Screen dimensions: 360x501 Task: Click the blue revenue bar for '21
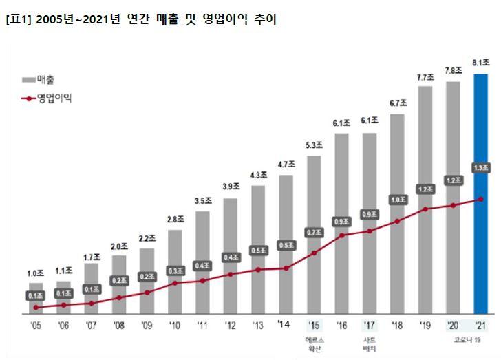480,193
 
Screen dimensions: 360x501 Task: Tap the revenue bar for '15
314,234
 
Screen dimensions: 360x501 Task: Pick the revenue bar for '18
397,213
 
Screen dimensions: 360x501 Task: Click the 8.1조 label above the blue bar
480,64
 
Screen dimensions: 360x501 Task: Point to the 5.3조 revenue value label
314,146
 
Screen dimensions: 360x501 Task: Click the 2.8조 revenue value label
175,220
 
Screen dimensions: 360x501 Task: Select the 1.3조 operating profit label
480,167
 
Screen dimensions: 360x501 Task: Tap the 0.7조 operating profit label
314,232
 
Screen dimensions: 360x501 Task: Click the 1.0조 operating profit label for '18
397,200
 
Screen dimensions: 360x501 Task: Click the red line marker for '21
480,199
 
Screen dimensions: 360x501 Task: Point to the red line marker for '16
342,235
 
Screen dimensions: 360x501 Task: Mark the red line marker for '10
175,283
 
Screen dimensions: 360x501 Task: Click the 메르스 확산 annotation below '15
314,344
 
